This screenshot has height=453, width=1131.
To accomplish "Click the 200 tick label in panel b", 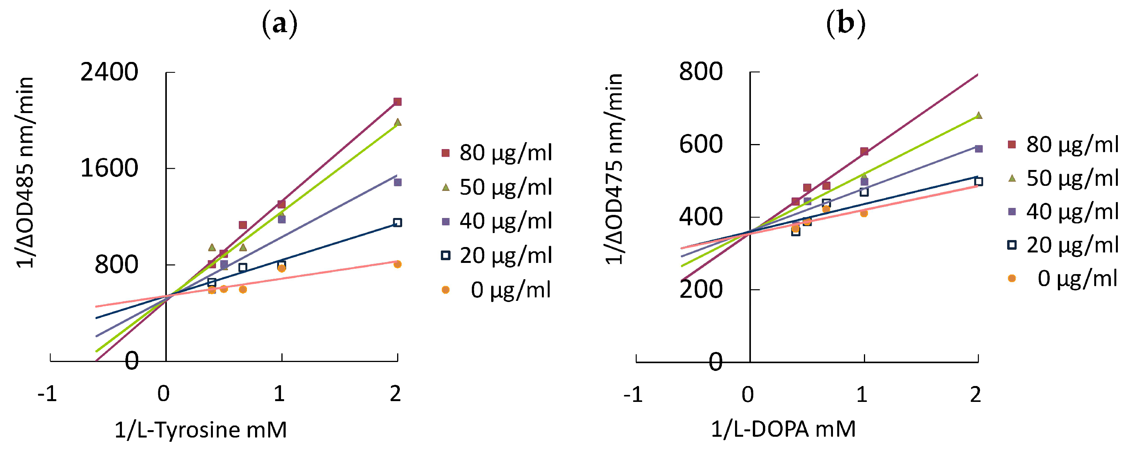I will [701, 290].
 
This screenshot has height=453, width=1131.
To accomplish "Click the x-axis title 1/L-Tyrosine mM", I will [200, 430].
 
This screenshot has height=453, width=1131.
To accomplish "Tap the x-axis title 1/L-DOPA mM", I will [783, 429].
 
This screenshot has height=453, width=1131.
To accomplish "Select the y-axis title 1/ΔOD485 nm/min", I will [25, 172].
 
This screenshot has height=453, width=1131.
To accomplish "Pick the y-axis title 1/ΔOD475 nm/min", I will [614, 169].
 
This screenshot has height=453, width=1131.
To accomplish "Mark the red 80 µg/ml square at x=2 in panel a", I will [398, 102].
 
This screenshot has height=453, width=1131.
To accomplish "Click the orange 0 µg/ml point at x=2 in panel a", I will [398, 264].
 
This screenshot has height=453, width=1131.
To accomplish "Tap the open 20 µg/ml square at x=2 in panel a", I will [398, 222].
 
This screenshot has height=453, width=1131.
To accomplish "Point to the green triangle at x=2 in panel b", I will [978, 115].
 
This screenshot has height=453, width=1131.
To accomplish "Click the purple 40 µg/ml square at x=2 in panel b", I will [978, 149].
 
